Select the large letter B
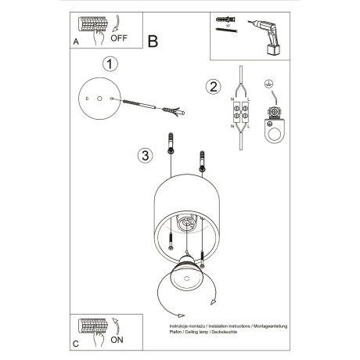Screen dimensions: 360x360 pyautogui.click(x=153, y=39)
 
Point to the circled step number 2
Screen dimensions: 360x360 pyautogui.click(x=211, y=87)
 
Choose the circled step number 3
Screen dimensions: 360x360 pyautogui.click(x=144, y=156)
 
